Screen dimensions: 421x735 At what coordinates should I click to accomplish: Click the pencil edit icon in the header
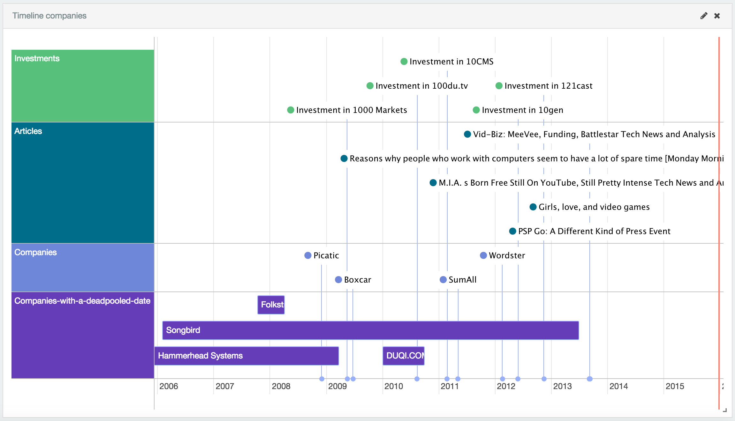(704, 16)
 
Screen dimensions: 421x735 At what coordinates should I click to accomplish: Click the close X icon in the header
(717, 16)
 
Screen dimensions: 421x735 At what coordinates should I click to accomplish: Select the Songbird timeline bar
(370, 330)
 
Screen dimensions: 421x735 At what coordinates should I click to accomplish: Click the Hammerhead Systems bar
(246, 356)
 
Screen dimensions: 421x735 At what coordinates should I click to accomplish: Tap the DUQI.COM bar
(404, 356)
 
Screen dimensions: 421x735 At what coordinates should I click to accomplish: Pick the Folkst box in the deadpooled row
(271, 305)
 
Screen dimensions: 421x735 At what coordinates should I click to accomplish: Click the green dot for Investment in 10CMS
(404, 62)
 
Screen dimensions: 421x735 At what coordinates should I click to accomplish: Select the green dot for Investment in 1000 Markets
(291, 110)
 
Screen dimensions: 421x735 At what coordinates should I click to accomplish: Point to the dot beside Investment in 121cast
(499, 86)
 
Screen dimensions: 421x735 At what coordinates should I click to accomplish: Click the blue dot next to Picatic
(308, 255)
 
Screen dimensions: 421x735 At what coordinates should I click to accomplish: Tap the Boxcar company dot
(338, 280)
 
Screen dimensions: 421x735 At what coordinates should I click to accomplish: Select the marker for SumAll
(443, 280)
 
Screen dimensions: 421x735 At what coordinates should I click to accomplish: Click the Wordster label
(507, 255)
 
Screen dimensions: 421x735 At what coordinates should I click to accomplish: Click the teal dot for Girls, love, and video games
(533, 207)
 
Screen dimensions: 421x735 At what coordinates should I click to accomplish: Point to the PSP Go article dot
(512, 231)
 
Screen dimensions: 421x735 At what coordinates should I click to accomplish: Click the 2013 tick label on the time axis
(562, 386)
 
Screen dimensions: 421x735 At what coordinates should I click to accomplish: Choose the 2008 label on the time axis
(281, 386)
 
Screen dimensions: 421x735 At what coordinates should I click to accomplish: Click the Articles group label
(28, 131)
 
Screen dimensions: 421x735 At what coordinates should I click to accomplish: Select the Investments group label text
(37, 58)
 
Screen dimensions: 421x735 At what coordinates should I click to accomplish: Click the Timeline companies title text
(49, 16)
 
